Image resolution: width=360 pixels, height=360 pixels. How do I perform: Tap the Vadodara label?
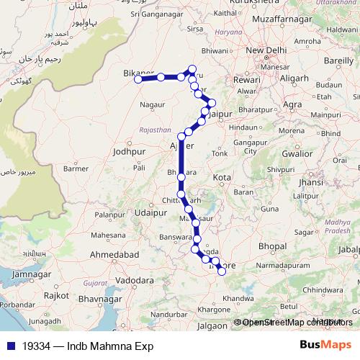click(x=136, y=279)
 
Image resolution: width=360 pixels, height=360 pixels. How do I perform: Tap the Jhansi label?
click(x=310, y=183)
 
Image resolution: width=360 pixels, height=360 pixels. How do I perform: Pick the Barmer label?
click(x=76, y=168)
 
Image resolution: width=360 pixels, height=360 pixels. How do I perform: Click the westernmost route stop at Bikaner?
click(x=138, y=79)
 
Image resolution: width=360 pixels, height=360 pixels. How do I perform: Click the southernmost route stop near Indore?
click(x=222, y=271)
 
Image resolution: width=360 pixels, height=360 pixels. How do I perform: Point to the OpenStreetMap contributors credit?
click(x=293, y=322)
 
